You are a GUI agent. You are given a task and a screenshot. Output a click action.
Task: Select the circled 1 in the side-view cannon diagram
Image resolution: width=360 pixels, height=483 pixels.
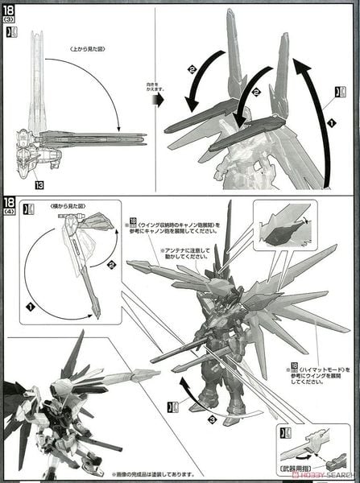tap(31, 306)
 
